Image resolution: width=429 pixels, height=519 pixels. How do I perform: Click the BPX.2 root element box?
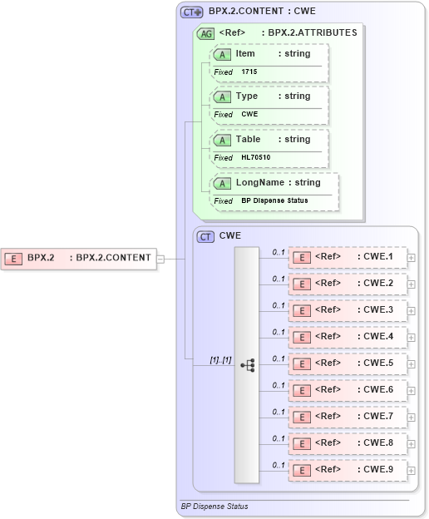(x=79, y=258)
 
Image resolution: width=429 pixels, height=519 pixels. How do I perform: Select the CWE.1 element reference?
(x=348, y=257)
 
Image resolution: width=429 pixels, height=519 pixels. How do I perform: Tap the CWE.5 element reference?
(x=348, y=363)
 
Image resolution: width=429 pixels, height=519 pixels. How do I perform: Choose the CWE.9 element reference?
(x=348, y=470)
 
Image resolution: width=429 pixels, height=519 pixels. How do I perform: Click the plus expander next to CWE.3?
(x=412, y=311)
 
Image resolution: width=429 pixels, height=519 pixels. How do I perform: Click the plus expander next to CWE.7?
(x=412, y=418)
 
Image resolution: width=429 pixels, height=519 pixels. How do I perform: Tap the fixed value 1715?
(x=249, y=72)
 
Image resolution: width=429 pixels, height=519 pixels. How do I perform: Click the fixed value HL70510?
(x=255, y=158)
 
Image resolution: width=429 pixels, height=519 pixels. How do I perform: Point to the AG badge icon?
(x=205, y=34)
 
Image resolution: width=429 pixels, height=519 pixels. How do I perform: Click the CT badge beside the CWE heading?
(x=205, y=236)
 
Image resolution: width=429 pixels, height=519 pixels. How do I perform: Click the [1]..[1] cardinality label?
(x=220, y=359)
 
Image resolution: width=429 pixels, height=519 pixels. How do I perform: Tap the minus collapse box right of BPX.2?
(x=160, y=258)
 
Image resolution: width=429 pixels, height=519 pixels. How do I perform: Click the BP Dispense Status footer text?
(x=214, y=506)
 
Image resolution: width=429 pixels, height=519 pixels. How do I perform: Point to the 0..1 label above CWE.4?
(x=279, y=331)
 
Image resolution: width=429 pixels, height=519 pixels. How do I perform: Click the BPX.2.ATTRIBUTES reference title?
(x=308, y=33)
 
